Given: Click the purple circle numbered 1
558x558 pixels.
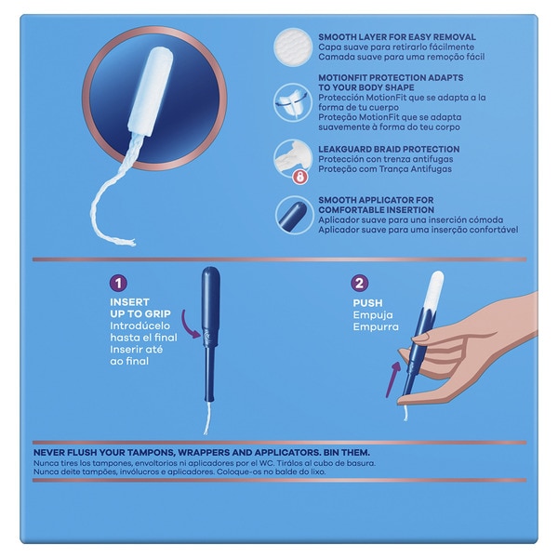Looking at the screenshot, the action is coord(119,284).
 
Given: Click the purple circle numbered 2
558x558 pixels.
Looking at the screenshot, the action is coord(360,284).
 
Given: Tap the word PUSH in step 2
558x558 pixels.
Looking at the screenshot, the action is coord(368,303).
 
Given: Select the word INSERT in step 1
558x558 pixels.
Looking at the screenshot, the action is coord(129,302).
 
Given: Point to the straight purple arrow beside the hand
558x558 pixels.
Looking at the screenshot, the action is coord(392,379).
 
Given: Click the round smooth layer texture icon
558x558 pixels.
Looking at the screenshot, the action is coord(293,47).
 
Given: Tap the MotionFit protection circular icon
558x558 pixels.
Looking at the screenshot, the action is coord(293,102).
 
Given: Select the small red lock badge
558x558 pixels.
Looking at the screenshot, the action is coord(300,177).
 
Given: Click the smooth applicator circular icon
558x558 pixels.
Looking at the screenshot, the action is coord(294,215).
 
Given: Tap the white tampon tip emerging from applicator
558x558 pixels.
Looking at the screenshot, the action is coord(435,289).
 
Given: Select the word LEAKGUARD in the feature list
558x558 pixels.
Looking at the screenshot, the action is coord(344,149).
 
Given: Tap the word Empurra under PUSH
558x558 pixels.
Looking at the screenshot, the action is coord(376,327).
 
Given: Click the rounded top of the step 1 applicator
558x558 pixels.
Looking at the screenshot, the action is coord(211,272).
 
